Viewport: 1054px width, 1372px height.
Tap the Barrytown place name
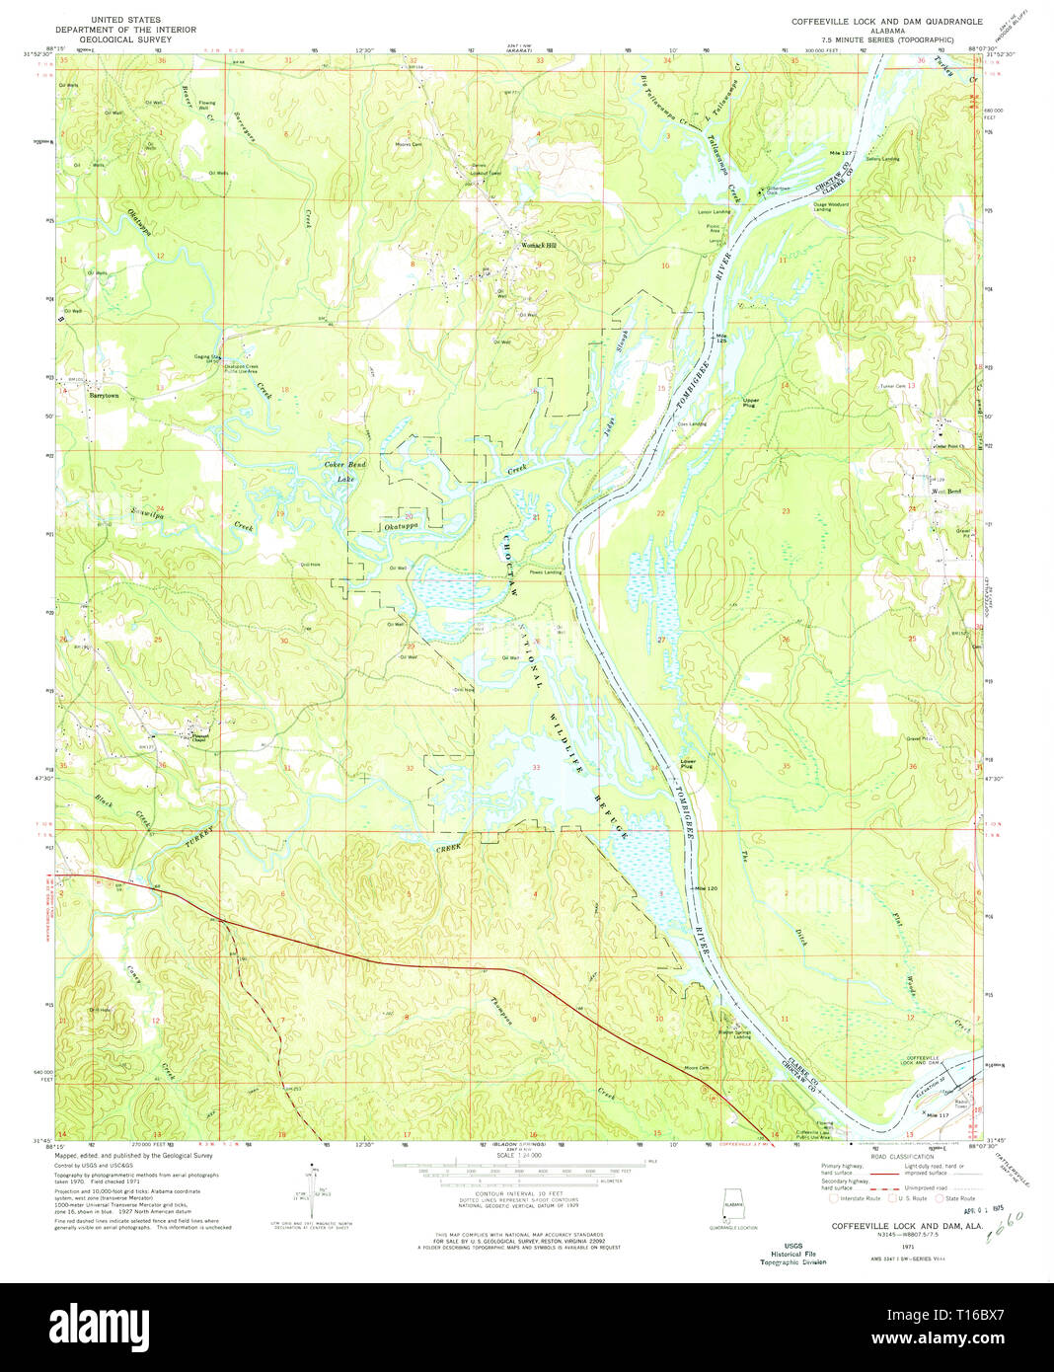(x=104, y=395)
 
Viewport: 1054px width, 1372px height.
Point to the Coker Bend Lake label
(x=345, y=471)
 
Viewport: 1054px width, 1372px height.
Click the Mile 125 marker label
(x=721, y=338)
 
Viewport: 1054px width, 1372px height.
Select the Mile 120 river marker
(x=705, y=889)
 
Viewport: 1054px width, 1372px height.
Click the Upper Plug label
(x=750, y=403)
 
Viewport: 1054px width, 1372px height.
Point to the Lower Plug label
(x=688, y=763)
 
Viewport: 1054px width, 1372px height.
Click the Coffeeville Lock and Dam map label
(x=920, y=1060)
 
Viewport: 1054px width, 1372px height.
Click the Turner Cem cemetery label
(x=892, y=386)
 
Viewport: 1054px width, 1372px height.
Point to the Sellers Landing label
(x=882, y=159)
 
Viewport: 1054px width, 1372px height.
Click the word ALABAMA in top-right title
(x=885, y=30)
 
